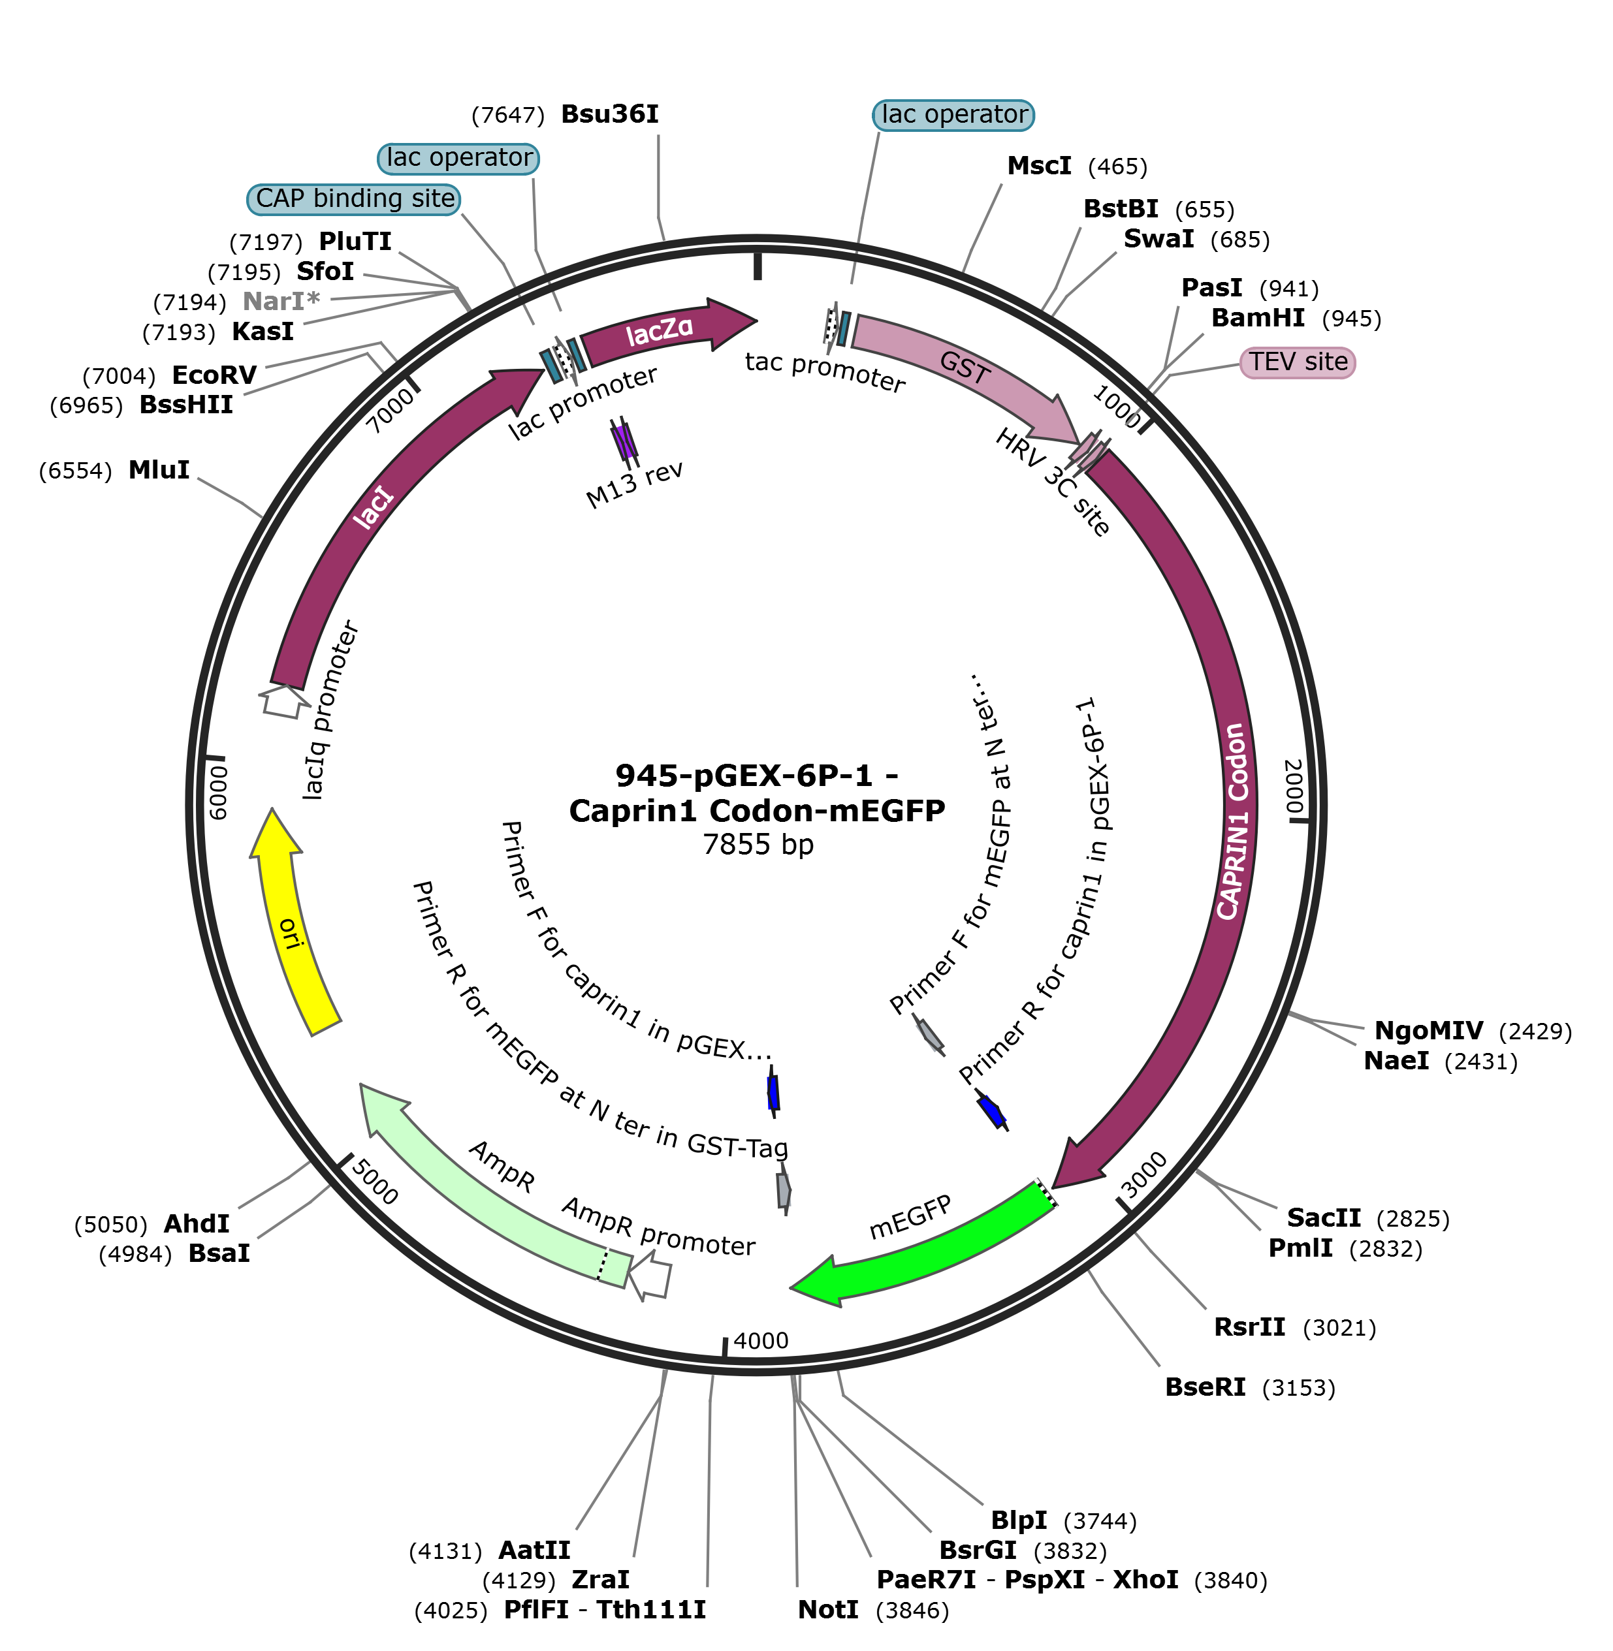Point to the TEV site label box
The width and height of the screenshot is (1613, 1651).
point(1297,362)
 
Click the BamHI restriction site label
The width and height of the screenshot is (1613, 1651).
point(1258,319)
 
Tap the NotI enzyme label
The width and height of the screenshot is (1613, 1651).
point(827,1609)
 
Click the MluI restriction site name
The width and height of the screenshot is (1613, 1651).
point(159,470)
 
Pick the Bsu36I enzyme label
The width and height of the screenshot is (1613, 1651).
point(610,114)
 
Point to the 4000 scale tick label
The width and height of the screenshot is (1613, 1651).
point(761,1340)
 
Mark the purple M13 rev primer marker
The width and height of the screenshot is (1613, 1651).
point(624,441)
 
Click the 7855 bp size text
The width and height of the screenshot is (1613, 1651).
point(758,845)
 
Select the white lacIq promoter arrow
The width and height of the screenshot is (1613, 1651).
point(283,700)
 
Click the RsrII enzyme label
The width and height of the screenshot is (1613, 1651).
point(1249,1327)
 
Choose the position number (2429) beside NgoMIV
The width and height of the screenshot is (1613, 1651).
point(1535,1031)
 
